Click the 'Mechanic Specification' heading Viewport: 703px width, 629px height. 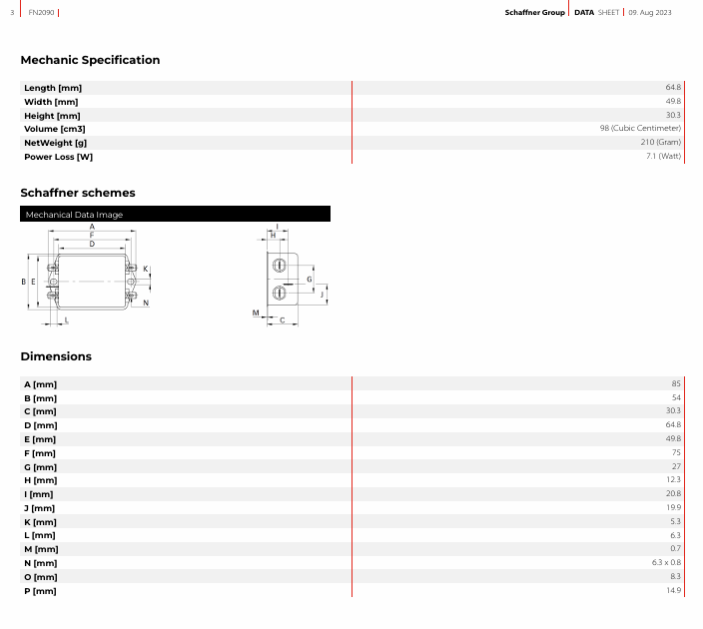pyautogui.click(x=90, y=60)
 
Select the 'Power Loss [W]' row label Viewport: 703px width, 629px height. pyautogui.click(x=58, y=157)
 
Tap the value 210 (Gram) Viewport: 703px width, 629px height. pyautogui.click(x=660, y=142)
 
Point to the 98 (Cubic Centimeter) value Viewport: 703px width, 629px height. pyautogui.click(x=640, y=128)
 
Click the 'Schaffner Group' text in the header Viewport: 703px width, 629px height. pyautogui.click(x=534, y=13)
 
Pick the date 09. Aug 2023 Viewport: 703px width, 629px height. pyautogui.click(x=650, y=13)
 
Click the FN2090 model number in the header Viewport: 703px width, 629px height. pyautogui.click(x=41, y=13)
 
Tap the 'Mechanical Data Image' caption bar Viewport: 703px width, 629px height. pyautogui.click(x=176, y=214)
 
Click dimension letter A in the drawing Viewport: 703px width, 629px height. pyautogui.click(x=92, y=227)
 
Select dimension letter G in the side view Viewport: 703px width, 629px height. pyautogui.click(x=309, y=280)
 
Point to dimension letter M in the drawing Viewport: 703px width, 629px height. pyautogui.click(x=256, y=313)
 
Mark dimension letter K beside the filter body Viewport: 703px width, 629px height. pyautogui.click(x=145, y=269)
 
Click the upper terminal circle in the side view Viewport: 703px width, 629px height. pyautogui.click(x=279, y=265)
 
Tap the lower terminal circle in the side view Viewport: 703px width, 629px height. pyautogui.click(x=279, y=293)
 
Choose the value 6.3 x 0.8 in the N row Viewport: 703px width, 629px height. pyautogui.click(x=666, y=563)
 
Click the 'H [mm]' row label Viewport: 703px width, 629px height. pyautogui.click(x=40, y=480)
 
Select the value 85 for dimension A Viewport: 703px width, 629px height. pyautogui.click(x=676, y=383)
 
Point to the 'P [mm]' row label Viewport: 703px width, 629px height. pyautogui.click(x=40, y=591)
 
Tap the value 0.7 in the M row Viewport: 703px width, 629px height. pyautogui.click(x=676, y=549)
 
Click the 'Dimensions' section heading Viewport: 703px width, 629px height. pyautogui.click(x=56, y=356)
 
